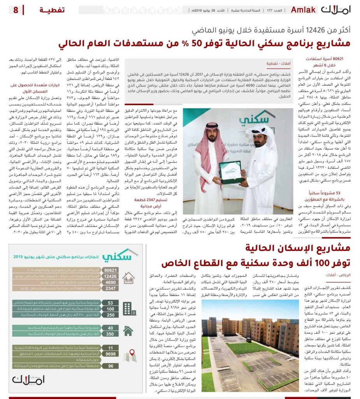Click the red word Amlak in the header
(x=303, y=10)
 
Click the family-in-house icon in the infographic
(x=129, y=278)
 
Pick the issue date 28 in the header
(x=221, y=11)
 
